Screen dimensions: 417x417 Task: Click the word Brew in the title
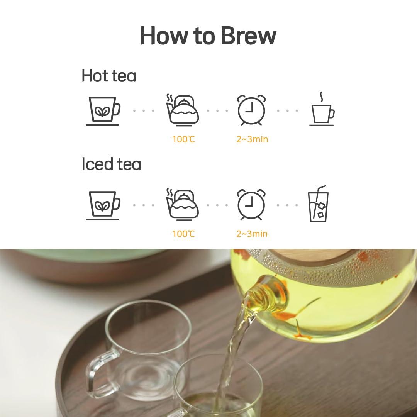coord(249,36)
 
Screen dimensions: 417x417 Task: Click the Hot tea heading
coord(108,76)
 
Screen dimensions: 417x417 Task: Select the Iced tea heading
coord(111,164)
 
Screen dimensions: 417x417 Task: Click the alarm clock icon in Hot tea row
coord(251,110)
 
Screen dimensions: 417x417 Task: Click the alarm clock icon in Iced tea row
coord(251,204)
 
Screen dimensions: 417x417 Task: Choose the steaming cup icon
coord(322,110)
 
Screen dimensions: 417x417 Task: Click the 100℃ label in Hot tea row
coord(183,139)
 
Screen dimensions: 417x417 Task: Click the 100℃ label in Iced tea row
coord(183,234)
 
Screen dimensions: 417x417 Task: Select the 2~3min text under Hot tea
coord(252,139)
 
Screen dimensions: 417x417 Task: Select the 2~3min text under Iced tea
coord(252,234)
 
